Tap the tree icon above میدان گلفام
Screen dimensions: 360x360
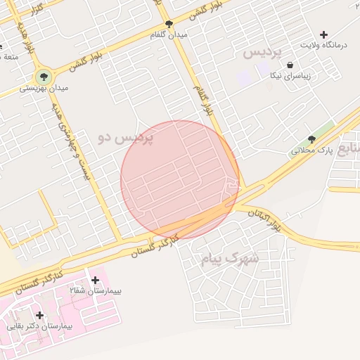tap(169, 22)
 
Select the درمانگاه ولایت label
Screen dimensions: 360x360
tap(324, 45)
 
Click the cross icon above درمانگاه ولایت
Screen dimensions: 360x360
tap(323, 34)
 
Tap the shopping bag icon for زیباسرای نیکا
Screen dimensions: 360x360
tap(290, 65)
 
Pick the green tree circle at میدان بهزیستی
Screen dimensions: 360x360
tap(44, 77)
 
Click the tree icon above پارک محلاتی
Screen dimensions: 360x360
tap(311, 139)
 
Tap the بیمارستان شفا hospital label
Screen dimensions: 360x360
tap(95, 290)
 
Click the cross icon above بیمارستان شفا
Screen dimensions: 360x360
tap(95, 280)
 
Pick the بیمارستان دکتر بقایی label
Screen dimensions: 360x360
tap(39, 326)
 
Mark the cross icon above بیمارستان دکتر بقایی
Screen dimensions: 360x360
tap(39, 316)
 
